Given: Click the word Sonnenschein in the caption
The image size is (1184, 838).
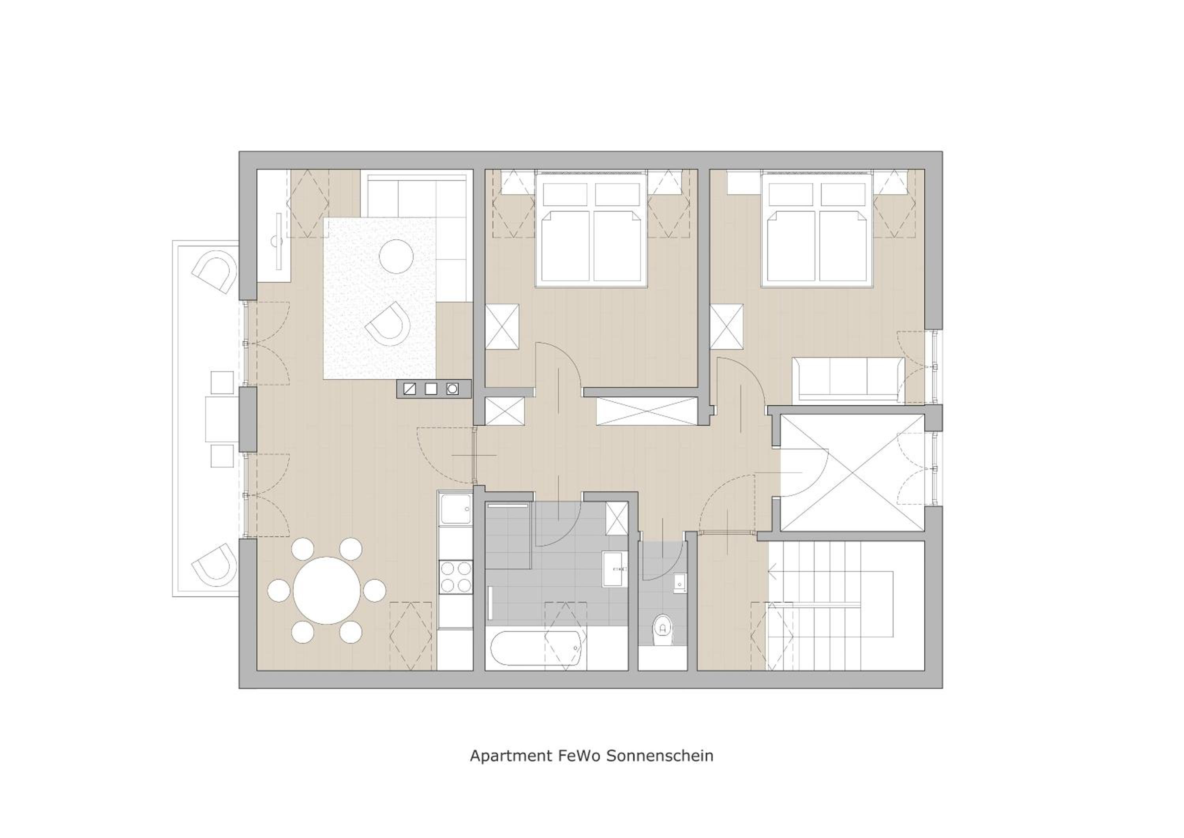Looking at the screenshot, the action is point(659,756).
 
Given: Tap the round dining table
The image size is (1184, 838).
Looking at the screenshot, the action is point(327,590).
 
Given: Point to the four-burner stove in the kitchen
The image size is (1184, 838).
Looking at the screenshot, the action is point(456,577).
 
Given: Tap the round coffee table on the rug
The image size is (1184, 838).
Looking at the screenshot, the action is point(396,256).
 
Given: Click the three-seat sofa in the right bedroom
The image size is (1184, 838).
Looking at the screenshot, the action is point(848,379).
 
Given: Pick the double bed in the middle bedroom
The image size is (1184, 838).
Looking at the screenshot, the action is point(591,229).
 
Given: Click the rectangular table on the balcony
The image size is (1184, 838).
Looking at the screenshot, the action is point(222,419).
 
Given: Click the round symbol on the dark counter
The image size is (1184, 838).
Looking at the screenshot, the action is point(452,389).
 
